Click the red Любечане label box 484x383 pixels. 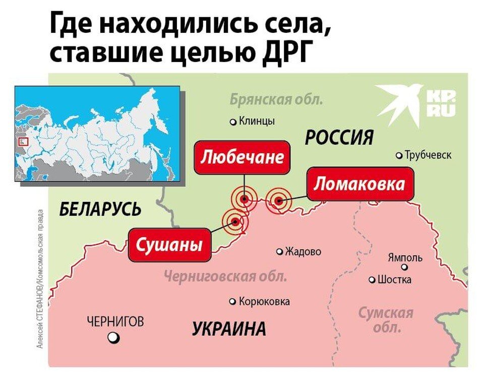click(243, 158)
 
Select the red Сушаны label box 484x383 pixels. click(169, 245)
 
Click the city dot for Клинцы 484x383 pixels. click(233, 122)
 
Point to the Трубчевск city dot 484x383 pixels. click(399, 155)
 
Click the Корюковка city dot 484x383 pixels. click(232, 302)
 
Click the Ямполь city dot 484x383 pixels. click(404, 267)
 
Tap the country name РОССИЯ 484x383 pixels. click(339, 137)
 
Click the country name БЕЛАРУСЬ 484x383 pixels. click(100, 208)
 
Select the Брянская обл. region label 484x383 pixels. click(276, 99)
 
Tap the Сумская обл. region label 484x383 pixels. click(386, 320)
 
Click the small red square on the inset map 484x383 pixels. click(22, 141)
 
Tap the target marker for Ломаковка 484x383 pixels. click(278, 200)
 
